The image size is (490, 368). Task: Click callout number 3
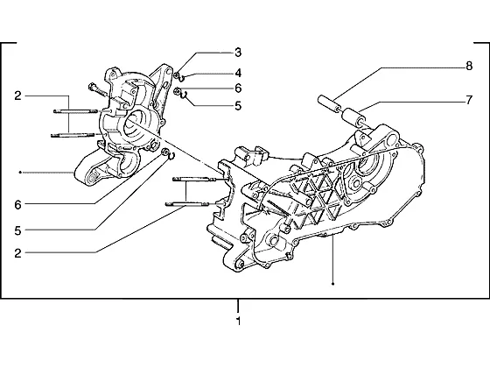238,53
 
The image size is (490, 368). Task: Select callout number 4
238,74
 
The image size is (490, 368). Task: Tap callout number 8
469,67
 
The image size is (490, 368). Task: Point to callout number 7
469,100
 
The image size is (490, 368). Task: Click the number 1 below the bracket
238,321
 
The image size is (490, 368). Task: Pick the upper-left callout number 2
17,96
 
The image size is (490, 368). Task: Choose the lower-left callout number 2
17,253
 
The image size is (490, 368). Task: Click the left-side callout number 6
17,205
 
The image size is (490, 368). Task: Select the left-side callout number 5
17,231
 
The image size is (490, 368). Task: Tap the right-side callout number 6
238,88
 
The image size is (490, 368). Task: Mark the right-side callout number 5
238,106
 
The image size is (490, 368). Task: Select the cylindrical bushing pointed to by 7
353,117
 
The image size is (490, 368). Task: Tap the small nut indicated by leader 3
177,75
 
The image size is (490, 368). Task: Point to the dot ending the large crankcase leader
333,284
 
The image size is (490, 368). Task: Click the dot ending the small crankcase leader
20,172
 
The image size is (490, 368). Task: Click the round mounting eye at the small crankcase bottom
92,177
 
